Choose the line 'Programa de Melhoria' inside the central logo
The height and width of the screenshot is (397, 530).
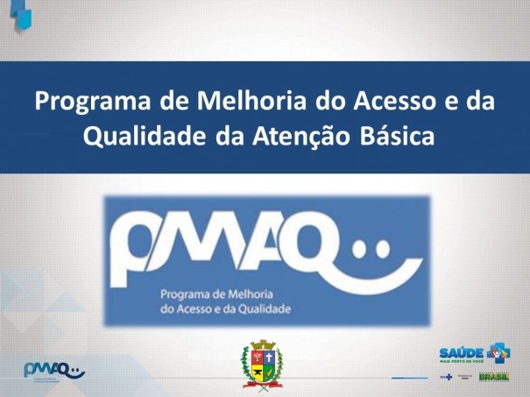click(x=216, y=296)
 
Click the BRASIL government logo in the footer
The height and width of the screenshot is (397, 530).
click(x=493, y=377)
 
